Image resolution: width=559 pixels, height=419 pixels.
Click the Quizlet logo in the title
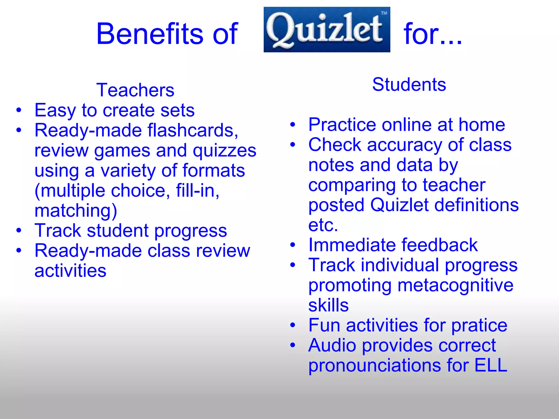coord(327,29)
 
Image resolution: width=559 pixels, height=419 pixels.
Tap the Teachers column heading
coord(135,90)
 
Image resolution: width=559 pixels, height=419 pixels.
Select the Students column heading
coord(409,84)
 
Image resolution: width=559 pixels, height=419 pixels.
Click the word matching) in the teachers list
coord(76,211)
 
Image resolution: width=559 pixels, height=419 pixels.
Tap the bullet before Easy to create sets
coord(19,110)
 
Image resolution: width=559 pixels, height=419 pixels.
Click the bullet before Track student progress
coord(19,231)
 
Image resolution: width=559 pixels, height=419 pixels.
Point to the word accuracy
coord(404,145)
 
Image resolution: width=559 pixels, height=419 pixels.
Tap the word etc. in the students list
coord(323,225)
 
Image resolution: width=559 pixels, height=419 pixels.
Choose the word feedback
coord(439,245)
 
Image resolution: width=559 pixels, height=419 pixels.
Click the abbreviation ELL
coord(490,365)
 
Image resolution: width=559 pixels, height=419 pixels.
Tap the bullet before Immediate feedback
coord(293,245)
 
